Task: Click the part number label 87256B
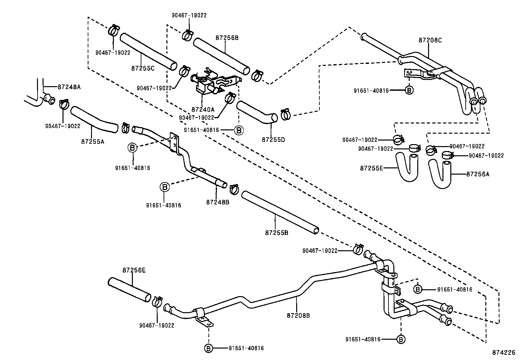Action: [227, 38]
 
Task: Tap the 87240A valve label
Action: [203, 109]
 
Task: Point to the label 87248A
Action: [69, 87]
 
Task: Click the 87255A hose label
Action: [93, 142]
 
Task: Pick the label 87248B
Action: [218, 202]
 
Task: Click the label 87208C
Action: [430, 40]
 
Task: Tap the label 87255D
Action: [273, 140]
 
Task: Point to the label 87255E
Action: [371, 168]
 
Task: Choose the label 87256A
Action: [478, 174]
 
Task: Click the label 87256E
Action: [134, 270]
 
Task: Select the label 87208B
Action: [298, 315]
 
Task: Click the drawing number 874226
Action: [504, 353]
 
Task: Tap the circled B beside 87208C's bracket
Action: [409, 90]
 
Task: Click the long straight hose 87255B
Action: [280, 213]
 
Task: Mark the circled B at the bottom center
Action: [208, 348]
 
